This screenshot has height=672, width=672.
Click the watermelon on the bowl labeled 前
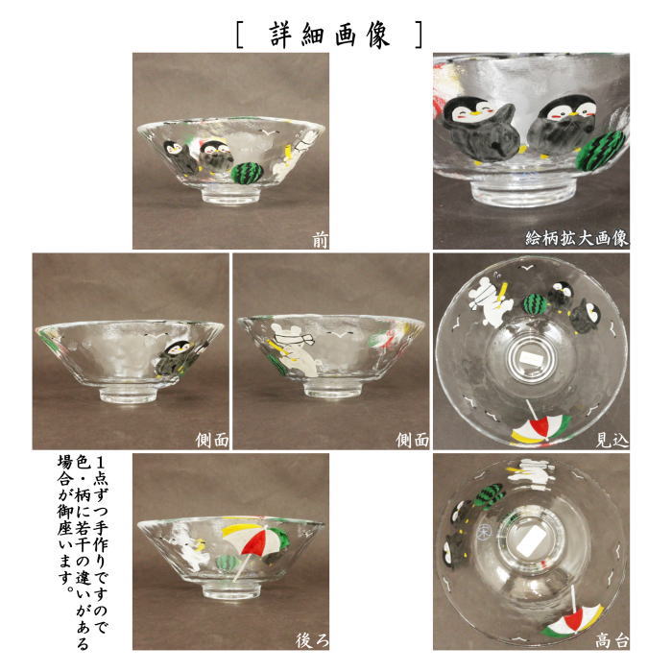(x=249, y=173)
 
